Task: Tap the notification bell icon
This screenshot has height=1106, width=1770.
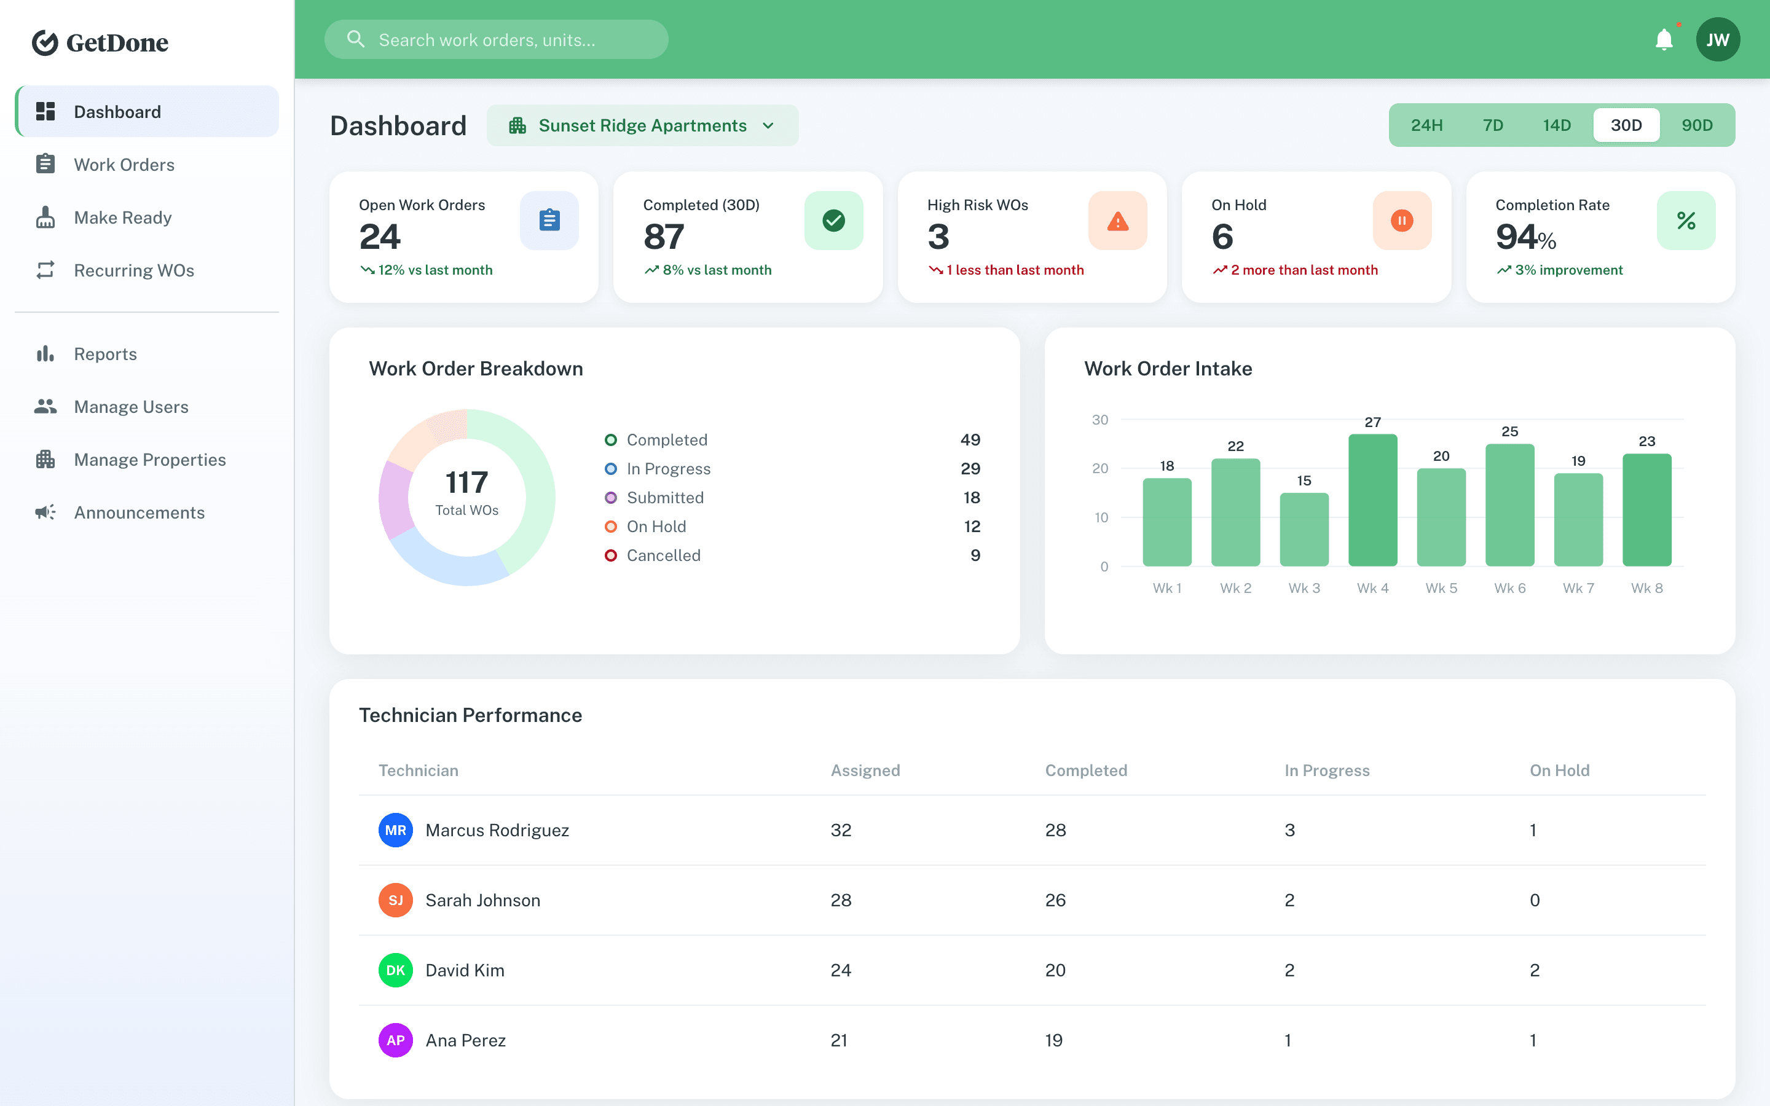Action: [x=1664, y=39]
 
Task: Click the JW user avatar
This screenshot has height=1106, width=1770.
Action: [x=1717, y=39]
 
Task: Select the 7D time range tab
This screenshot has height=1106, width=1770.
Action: [x=1493, y=125]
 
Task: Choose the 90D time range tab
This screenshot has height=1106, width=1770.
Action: [x=1697, y=125]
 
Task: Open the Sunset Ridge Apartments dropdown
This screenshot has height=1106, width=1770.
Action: [x=642, y=126]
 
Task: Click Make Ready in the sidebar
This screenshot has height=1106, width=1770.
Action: [x=122, y=218]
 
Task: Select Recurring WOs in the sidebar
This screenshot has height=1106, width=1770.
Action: [x=134, y=270]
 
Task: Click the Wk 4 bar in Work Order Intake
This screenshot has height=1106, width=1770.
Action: [x=1372, y=500]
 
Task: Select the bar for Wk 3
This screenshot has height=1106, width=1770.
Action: [x=1304, y=530]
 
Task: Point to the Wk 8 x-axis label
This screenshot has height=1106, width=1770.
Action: [x=1646, y=588]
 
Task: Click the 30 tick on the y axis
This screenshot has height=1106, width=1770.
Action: [x=1099, y=420]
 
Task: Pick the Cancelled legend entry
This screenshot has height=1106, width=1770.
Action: [x=663, y=556]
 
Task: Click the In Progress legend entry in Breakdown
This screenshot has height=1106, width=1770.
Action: [x=668, y=469]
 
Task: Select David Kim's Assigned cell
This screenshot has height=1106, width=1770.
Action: [x=840, y=971]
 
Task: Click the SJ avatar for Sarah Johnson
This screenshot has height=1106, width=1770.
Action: [x=395, y=900]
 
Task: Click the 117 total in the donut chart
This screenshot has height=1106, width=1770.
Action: [x=466, y=483]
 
